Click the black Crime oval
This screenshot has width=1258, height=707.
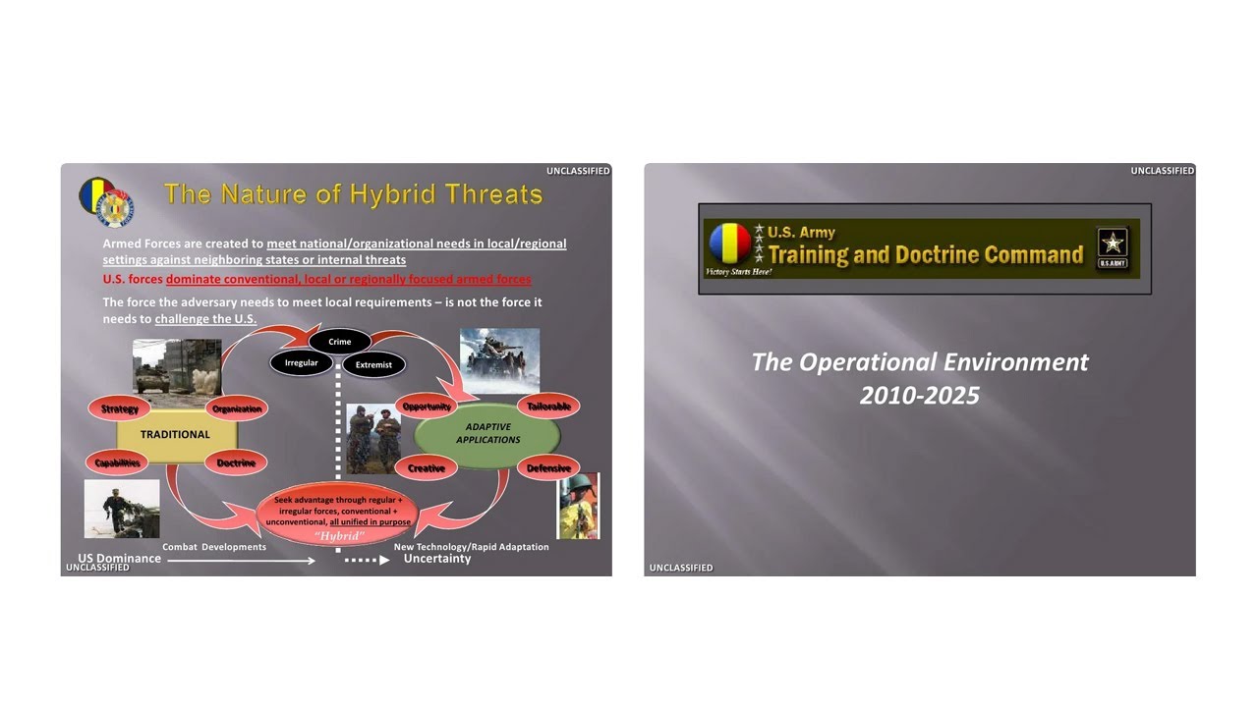coord(340,342)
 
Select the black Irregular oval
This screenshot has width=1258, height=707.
coord(302,363)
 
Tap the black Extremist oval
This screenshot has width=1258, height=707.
coord(373,364)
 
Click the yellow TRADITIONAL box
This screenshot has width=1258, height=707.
coord(176,434)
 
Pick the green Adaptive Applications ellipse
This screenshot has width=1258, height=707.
coord(487,434)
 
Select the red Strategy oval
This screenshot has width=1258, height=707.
coord(120,408)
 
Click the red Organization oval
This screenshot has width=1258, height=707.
coord(237,408)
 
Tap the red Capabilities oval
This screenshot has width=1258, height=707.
coord(118,462)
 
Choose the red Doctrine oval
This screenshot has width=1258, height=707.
coord(236,462)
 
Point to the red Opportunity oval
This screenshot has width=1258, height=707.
coord(427,407)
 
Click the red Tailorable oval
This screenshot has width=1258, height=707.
coord(548,407)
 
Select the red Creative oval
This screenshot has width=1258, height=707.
coord(427,468)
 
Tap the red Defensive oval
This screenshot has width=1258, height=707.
coord(548,468)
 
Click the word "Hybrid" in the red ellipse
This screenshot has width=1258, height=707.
coord(338,536)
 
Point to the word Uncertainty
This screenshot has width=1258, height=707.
coord(437,559)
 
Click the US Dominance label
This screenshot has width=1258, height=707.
coord(120,559)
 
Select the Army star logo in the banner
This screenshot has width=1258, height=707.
coord(1113,247)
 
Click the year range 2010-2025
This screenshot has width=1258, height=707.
coord(920,395)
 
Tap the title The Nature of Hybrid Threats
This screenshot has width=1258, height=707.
coord(354,193)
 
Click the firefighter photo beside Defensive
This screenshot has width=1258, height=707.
coord(578,507)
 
